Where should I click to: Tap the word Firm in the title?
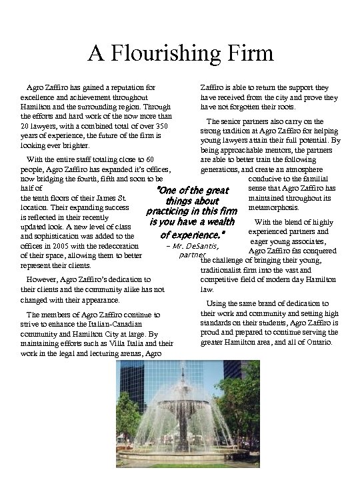[x=247, y=53]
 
